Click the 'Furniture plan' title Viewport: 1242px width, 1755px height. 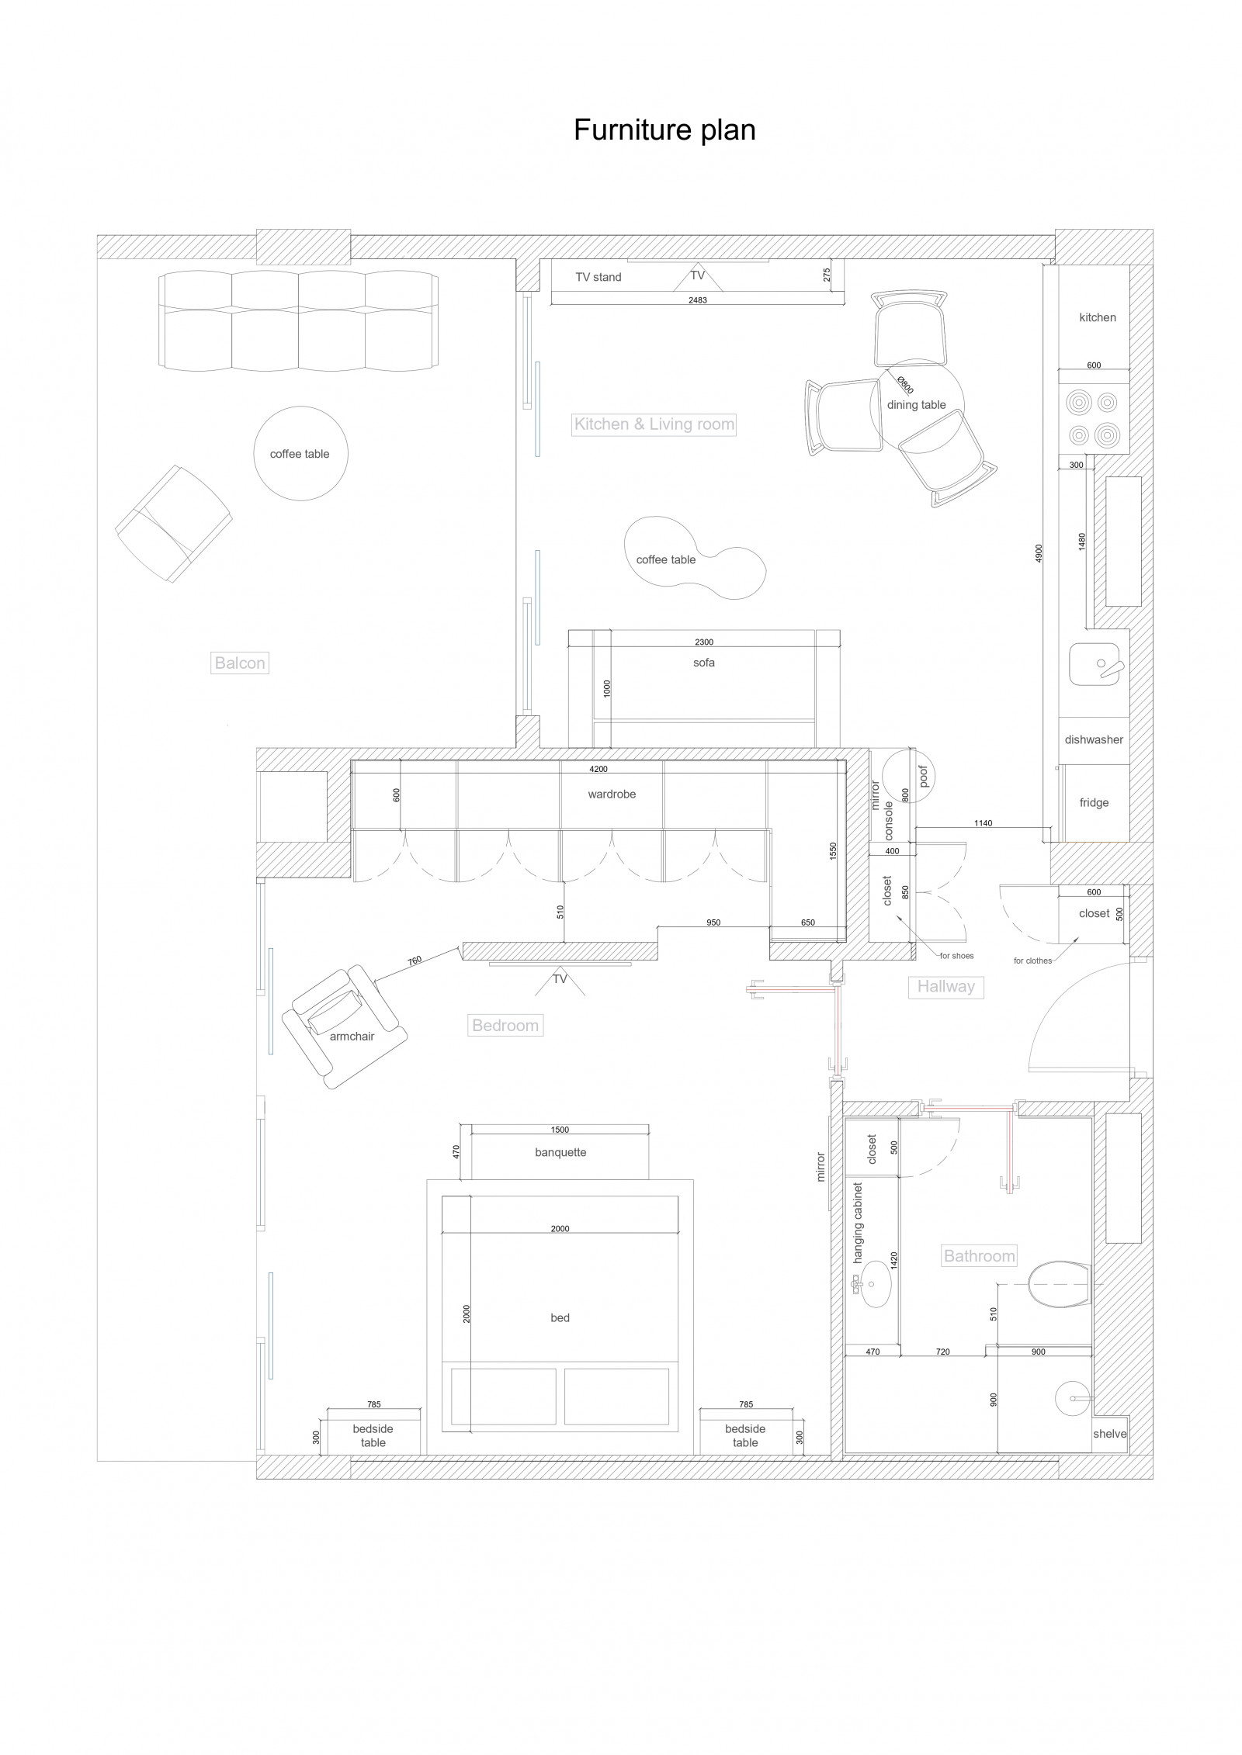[664, 130]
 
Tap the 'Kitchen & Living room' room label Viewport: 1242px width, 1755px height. [654, 424]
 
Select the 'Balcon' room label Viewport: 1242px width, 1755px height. [240, 663]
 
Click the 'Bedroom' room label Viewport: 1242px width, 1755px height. [505, 1026]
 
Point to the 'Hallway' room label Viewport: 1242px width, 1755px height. [945, 987]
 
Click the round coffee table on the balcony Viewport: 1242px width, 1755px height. [301, 454]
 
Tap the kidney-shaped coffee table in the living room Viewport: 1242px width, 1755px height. [695, 559]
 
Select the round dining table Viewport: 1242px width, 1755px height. [917, 405]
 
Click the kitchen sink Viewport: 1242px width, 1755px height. [1095, 665]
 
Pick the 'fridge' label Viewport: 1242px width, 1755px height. [1094, 803]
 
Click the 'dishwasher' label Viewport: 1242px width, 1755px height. [1094, 740]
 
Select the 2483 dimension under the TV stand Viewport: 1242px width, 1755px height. [698, 300]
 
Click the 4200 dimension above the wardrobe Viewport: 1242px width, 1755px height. [598, 770]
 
